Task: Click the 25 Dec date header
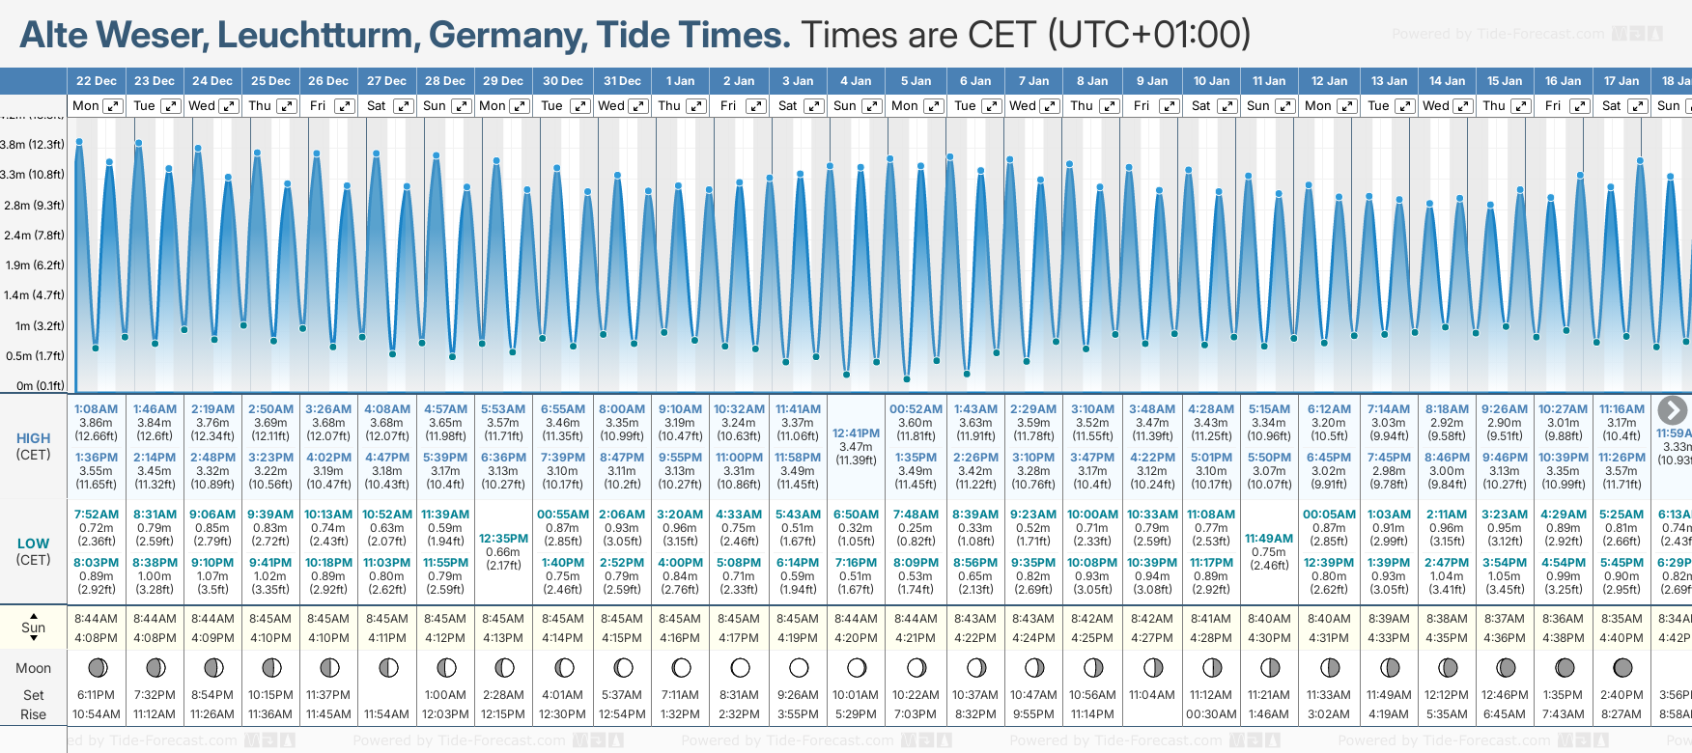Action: pos(270,81)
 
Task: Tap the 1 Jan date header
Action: pos(680,81)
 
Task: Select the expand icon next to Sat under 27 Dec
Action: pos(404,106)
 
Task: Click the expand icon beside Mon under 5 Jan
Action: pos(933,106)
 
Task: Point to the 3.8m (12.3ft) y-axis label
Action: pos(32,145)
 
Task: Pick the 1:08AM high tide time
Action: pos(96,409)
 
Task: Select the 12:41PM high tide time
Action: pos(856,433)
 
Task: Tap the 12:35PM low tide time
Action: pos(503,539)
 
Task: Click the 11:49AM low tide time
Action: pos(1269,539)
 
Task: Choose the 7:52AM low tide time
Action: pos(96,515)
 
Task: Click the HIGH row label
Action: pos(33,438)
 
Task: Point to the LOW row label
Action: pos(33,544)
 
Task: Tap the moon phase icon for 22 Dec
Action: pos(97,667)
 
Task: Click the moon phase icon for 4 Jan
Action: pos(856,667)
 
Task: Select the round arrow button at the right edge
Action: pos(1672,410)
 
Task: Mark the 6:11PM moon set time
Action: pos(96,695)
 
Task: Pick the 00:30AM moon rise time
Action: pos(1210,714)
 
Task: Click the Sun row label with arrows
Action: pos(33,627)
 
